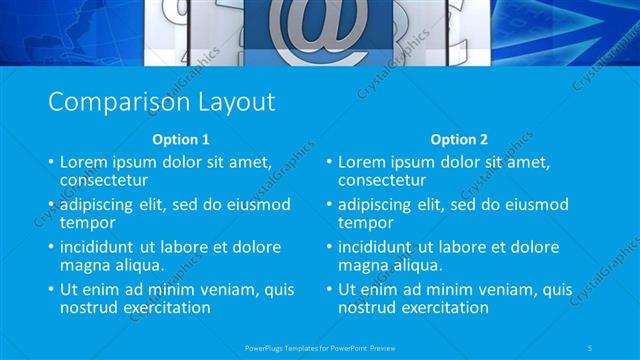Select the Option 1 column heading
click(x=181, y=139)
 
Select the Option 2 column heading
click(x=459, y=139)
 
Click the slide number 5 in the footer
click(x=592, y=347)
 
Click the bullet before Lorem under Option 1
click(x=50, y=162)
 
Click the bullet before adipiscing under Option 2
click(x=328, y=205)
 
